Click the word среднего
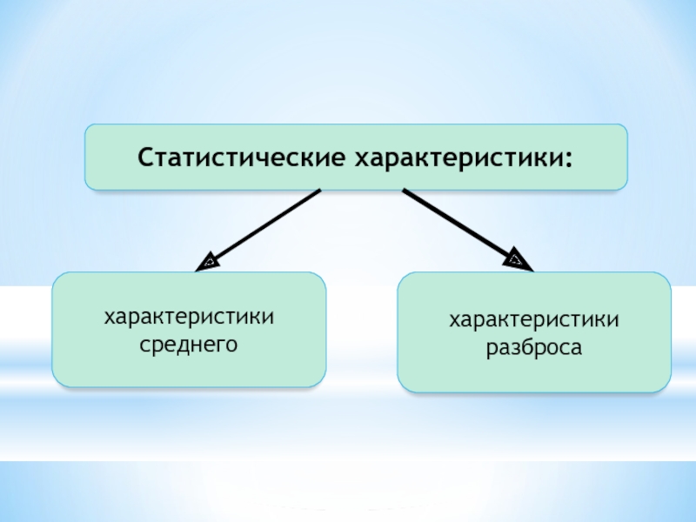pyautogui.click(x=190, y=345)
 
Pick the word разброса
pyautogui.click(x=534, y=348)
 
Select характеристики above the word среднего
pyautogui.click(x=190, y=318)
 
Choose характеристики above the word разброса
pyautogui.click(x=534, y=321)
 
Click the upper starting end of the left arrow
pyautogui.click(x=319, y=192)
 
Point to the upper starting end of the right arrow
pyautogui.click(x=405, y=191)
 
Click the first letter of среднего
pyautogui.click(x=145, y=345)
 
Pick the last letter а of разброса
pyautogui.click(x=577, y=349)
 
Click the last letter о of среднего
pyautogui.click(x=233, y=345)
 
